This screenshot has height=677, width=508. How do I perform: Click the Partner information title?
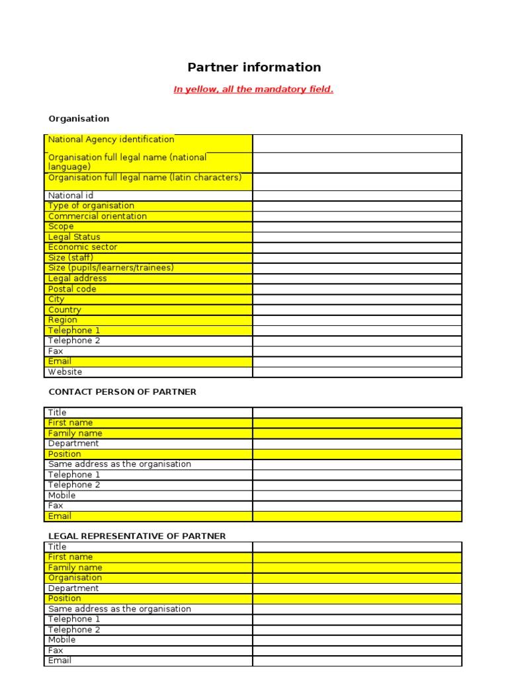[254, 67]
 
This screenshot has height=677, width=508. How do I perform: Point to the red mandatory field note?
[253, 89]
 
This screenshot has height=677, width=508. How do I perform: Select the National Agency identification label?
[111, 139]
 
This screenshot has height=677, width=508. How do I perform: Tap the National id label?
[65, 196]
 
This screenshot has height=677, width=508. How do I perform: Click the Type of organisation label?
[91, 206]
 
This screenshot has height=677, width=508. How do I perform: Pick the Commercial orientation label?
[97, 216]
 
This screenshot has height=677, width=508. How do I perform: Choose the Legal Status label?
[74, 237]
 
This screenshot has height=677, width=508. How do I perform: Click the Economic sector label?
[83, 247]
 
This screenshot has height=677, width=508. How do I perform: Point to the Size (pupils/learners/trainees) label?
[110, 268]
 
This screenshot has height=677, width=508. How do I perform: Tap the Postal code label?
[72, 289]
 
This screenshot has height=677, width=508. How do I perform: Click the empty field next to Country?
[357, 309]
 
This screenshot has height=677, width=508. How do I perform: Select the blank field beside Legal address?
[357, 278]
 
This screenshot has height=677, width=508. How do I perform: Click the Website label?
[65, 372]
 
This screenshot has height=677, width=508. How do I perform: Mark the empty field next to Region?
[357, 320]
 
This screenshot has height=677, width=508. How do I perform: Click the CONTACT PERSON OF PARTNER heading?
[122, 392]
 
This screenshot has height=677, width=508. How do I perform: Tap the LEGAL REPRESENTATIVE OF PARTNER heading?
[137, 536]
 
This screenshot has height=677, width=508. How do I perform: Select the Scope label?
[61, 226]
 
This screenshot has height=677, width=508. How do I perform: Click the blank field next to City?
[357, 299]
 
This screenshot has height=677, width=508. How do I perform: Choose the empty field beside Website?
[357, 372]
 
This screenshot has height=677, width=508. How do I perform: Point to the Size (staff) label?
[71, 258]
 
